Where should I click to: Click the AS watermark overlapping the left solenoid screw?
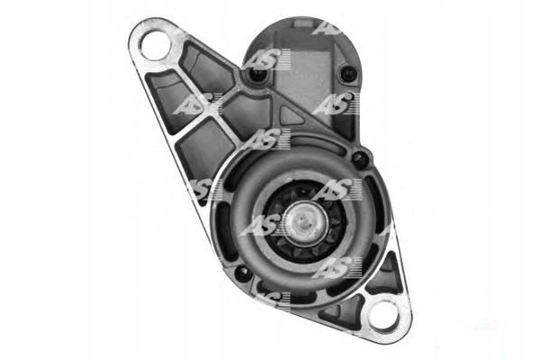(264, 61)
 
